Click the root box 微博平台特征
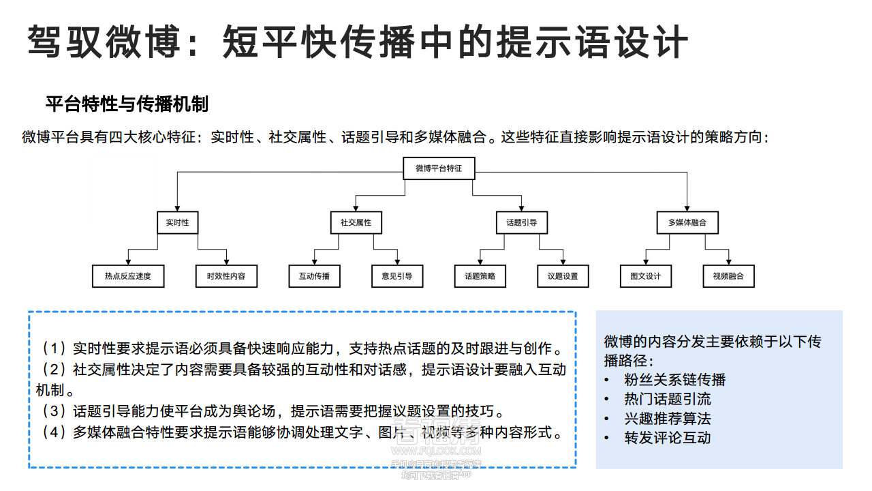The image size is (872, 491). coord(439,168)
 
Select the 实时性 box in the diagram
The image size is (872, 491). coord(177,222)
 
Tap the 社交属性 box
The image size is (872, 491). coord(356,222)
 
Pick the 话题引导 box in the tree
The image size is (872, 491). coord(522,222)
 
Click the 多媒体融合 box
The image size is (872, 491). coord(687,222)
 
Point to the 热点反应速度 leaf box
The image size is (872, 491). coord(128,276)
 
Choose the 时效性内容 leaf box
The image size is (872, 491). coord(226,276)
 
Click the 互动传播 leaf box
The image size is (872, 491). coord(314,276)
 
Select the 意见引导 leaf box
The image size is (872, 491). coord(397,276)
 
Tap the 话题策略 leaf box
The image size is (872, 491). coord(480,276)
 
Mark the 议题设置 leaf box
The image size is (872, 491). coord(563,276)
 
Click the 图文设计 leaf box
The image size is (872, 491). coord(646,276)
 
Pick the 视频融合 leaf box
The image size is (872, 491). coord(729,276)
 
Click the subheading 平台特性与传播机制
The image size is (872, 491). coord(127,104)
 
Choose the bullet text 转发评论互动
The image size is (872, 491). coord(667,438)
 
